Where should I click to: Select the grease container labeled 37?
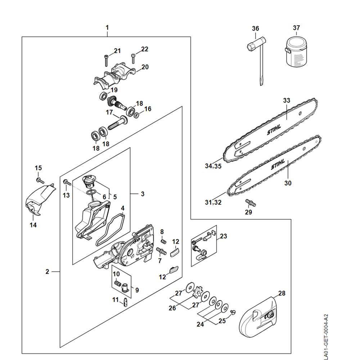[x=296, y=51]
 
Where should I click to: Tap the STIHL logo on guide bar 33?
[x=274, y=130]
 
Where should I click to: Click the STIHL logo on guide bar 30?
[x=278, y=164]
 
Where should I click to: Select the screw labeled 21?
[x=106, y=60]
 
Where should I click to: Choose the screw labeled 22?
[x=133, y=58]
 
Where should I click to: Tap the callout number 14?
[x=33, y=225]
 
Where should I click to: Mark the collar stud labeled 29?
[x=251, y=203]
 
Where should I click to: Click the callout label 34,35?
[x=213, y=166]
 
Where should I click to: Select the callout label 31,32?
[x=213, y=202]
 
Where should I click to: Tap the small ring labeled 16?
[x=136, y=115]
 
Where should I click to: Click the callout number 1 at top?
[x=107, y=28]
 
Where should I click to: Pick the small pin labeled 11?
[x=125, y=302]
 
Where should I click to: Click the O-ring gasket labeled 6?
[x=91, y=192]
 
